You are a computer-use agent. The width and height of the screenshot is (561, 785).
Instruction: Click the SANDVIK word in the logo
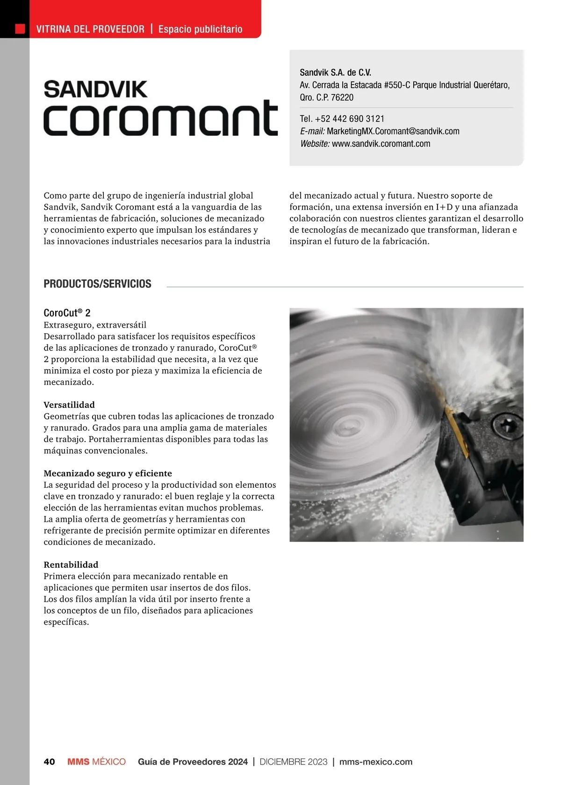[95, 90]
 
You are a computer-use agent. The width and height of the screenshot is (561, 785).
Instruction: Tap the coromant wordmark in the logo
[160, 119]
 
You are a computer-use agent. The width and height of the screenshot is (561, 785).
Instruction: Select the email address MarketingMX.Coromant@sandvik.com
[393, 131]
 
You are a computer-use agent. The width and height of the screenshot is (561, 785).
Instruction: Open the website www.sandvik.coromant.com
[381, 144]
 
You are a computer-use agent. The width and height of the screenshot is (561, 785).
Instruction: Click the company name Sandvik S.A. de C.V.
[335, 72]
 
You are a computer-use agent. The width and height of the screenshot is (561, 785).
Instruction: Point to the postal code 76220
[342, 98]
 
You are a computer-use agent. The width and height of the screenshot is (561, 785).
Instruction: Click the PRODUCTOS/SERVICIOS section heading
[97, 284]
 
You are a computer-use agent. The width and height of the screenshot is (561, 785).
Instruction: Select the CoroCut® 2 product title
[67, 313]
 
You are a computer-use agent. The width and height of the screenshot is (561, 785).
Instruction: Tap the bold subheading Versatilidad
[69, 405]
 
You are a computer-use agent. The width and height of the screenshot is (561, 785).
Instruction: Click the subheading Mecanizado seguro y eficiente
[108, 473]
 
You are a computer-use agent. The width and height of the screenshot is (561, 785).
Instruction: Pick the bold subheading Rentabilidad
[71, 564]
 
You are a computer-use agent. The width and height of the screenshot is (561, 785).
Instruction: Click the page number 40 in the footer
[49, 762]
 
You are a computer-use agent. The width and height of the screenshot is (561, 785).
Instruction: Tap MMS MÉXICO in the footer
[96, 762]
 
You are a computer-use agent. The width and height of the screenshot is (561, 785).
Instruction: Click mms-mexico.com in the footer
[375, 762]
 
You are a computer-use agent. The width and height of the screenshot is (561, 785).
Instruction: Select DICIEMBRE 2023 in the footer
[293, 762]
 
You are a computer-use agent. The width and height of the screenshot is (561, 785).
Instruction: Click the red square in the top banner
[20, 29]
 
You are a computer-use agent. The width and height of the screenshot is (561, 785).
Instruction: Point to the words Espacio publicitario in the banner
[200, 29]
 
